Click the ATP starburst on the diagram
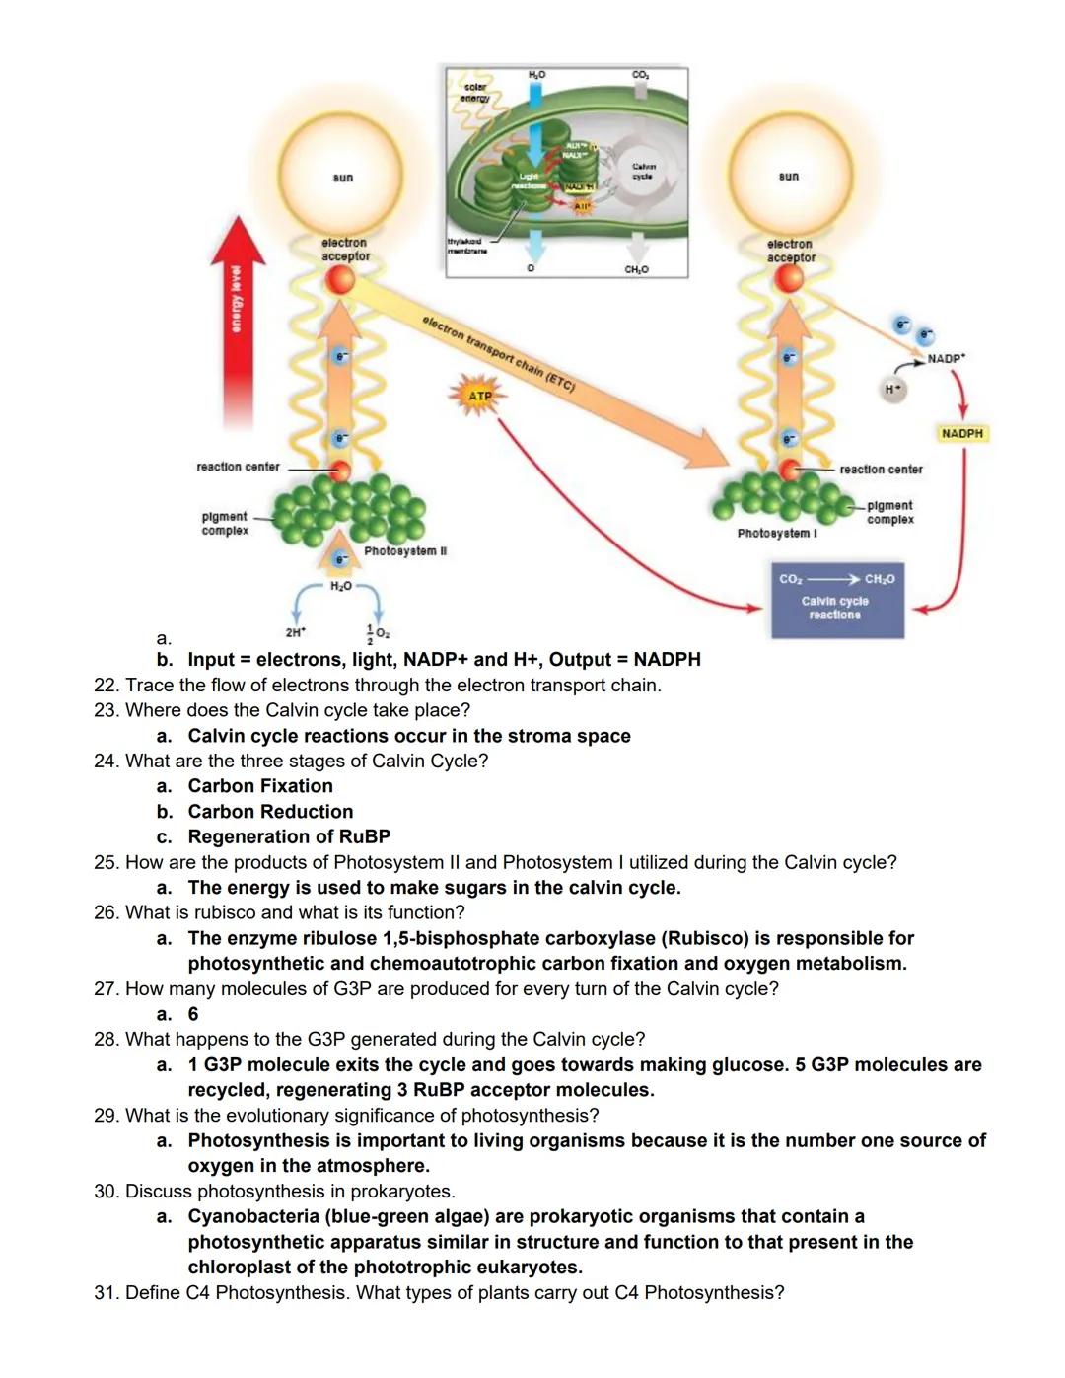click(479, 396)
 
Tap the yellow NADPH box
click(961, 433)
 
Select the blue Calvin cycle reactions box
click(836, 599)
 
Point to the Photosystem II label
click(404, 550)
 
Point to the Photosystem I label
click(776, 533)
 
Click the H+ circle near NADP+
click(892, 389)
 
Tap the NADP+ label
click(947, 359)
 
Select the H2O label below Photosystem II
click(340, 586)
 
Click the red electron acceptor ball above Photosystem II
click(340, 279)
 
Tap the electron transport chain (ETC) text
click(498, 353)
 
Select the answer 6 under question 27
click(193, 1014)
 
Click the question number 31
click(106, 1292)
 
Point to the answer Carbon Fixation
click(260, 786)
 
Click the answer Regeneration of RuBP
click(289, 836)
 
